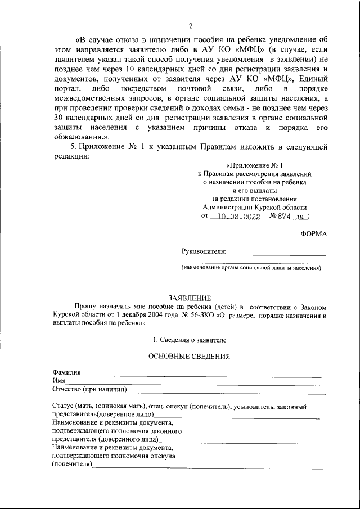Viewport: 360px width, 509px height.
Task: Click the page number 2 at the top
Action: coord(191,26)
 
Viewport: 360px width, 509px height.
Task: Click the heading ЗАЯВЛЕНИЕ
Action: coord(190,298)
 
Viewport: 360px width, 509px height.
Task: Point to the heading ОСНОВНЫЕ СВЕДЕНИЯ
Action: coord(189,357)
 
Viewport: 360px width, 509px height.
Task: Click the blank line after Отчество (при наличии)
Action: coord(225,391)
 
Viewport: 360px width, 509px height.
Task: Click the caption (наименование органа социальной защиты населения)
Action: coord(250,268)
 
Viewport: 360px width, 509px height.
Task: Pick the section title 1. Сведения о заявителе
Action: coord(190,340)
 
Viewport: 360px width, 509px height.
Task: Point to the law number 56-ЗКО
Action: coord(197,316)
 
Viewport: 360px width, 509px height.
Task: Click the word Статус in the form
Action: coord(63,406)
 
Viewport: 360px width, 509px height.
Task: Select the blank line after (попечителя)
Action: coord(208,466)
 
